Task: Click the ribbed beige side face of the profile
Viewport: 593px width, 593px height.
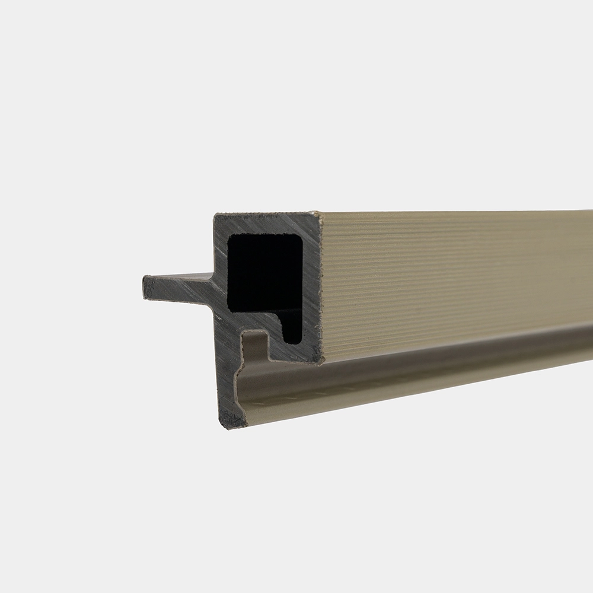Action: point(451,273)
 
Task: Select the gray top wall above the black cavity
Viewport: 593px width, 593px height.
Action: point(267,224)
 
